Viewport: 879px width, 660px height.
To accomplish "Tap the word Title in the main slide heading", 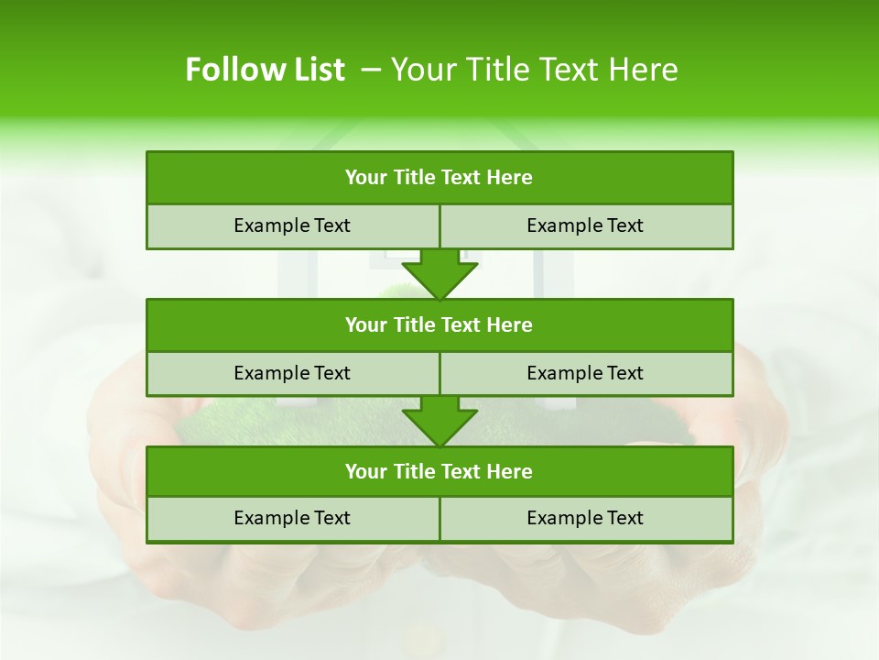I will click(494, 70).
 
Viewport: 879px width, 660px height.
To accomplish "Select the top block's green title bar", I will click(439, 177).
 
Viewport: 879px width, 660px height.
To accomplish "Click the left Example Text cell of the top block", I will click(292, 225).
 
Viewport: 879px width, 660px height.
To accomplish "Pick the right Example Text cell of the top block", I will click(585, 225).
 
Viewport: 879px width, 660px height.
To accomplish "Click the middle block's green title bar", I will click(439, 324).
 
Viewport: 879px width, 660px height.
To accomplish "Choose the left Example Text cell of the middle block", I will click(292, 373).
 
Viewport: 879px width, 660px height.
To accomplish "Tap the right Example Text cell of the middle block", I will click(585, 373).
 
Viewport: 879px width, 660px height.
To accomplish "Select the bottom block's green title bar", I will click(439, 471).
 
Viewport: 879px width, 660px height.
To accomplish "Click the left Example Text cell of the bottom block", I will click(292, 518).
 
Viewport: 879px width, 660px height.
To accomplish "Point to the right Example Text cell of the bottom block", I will click(585, 518).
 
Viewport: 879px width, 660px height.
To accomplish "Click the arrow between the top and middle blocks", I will click(439, 273).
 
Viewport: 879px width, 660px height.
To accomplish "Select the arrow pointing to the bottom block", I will click(439, 421).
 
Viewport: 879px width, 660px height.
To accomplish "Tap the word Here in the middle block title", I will click(510, 324).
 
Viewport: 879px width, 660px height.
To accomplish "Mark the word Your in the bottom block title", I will click(366, 471).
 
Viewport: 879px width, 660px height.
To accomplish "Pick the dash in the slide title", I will click(372, 70).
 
